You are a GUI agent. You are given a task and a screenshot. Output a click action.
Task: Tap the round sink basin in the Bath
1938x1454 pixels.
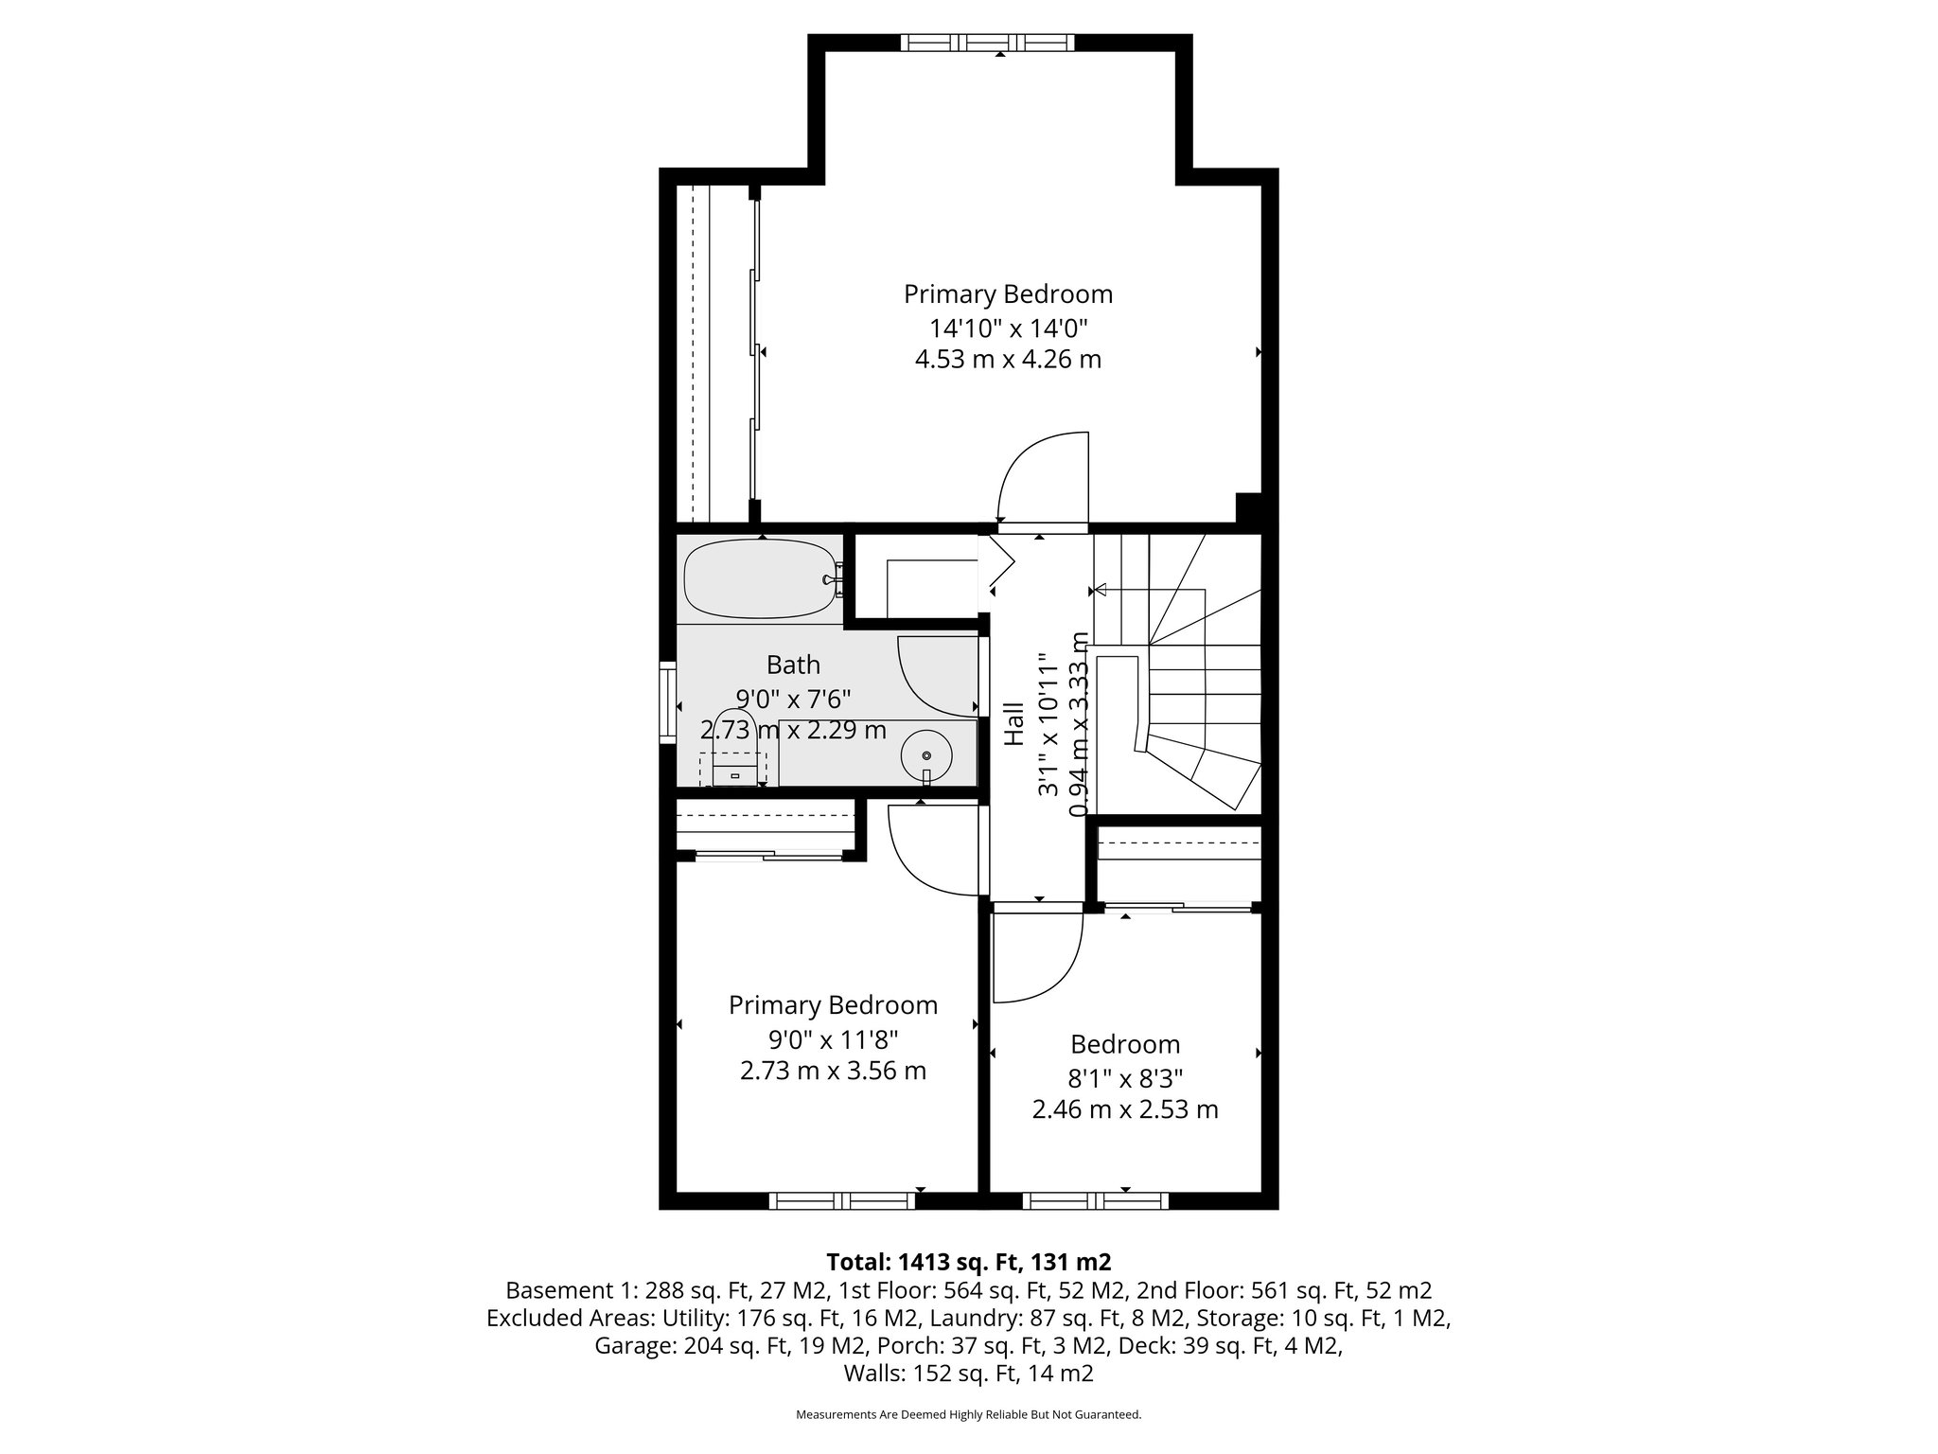point(925,754)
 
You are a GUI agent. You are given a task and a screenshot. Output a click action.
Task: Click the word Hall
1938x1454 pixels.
point(1013,723)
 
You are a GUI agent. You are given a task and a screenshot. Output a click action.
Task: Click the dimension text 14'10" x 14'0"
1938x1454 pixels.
point(1008,328)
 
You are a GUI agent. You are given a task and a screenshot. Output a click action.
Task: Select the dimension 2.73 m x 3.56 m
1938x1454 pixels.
point(832,1071)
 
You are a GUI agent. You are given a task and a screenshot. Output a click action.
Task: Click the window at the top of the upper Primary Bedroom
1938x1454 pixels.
point(987,43)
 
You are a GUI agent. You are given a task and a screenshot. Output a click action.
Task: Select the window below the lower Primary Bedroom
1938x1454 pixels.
point(841,1201)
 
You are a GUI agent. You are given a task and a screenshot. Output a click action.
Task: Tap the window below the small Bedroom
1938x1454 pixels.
point(1095,1201)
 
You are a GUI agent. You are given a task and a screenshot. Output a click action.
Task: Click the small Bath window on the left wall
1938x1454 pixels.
point(667,705)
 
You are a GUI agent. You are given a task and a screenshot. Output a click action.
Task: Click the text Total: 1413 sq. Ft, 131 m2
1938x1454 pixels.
point(968,1262)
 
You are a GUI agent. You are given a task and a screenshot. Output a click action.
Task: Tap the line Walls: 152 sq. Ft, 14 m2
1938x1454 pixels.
point(968,1374)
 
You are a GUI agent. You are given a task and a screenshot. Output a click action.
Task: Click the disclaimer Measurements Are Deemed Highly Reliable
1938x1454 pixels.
point(968,1414)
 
